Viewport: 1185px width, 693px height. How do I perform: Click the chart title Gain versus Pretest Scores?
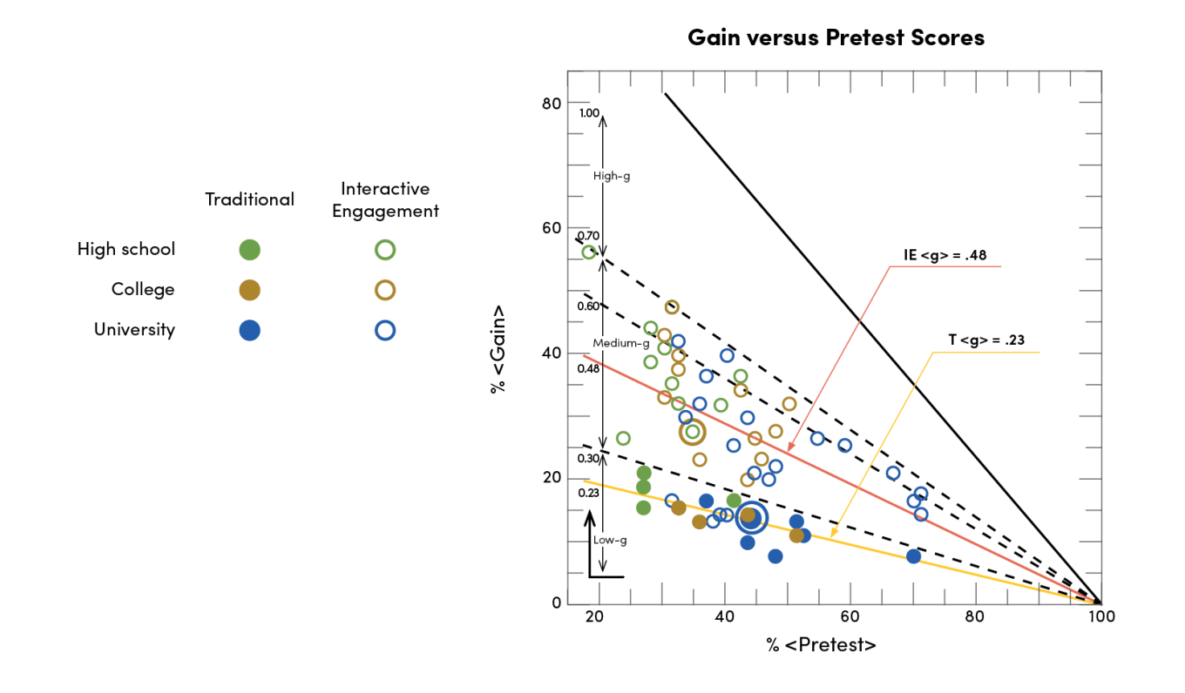836,37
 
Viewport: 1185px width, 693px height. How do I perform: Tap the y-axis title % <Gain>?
498,348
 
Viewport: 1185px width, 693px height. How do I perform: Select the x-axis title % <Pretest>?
821,645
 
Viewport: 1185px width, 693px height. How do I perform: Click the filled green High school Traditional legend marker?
249,250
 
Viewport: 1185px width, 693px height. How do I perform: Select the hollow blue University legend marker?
385,330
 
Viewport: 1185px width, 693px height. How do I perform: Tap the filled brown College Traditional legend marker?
249,290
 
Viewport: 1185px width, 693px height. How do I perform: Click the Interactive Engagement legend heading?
385,199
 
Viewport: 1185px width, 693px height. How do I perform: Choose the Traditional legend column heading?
249,199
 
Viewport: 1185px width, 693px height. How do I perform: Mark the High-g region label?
611,176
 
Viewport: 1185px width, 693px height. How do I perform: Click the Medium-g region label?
620,343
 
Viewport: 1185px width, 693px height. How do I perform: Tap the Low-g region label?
610,540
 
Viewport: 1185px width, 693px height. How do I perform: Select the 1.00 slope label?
589,113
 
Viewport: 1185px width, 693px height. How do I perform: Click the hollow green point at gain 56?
589,252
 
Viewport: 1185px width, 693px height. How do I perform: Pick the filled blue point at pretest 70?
913,556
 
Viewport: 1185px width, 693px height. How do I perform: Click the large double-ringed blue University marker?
751,517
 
